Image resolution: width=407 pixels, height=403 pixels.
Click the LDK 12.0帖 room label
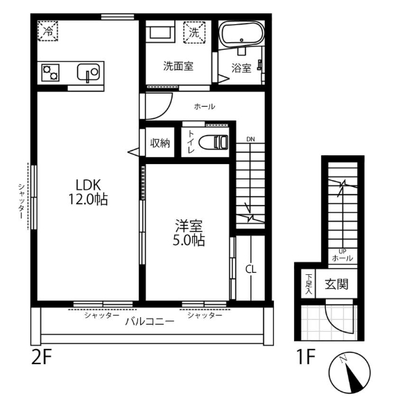88,192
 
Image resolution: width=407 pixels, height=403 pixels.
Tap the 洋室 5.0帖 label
189,233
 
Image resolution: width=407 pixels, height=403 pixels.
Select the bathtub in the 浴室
241,35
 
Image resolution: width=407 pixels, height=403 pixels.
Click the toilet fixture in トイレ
214,142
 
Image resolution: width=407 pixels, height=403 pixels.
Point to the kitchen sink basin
88,72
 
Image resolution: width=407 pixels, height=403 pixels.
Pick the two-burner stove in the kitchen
51,73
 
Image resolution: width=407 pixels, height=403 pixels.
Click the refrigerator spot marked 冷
48,31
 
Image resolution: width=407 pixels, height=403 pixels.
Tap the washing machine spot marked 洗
194,33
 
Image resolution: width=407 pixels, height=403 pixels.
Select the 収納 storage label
160,143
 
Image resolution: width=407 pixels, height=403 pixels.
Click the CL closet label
251,269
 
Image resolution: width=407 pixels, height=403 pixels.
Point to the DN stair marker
250,139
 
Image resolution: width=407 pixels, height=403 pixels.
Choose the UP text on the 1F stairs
343,251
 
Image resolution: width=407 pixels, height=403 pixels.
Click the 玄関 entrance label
336,285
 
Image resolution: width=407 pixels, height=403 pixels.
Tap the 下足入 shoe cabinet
309,284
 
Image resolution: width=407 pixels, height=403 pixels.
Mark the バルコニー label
150,321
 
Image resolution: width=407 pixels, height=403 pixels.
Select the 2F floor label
42,357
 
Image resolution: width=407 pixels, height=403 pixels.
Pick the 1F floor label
306,357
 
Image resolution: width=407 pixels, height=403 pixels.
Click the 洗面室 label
178,66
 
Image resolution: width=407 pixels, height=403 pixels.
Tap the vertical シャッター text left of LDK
21,201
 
